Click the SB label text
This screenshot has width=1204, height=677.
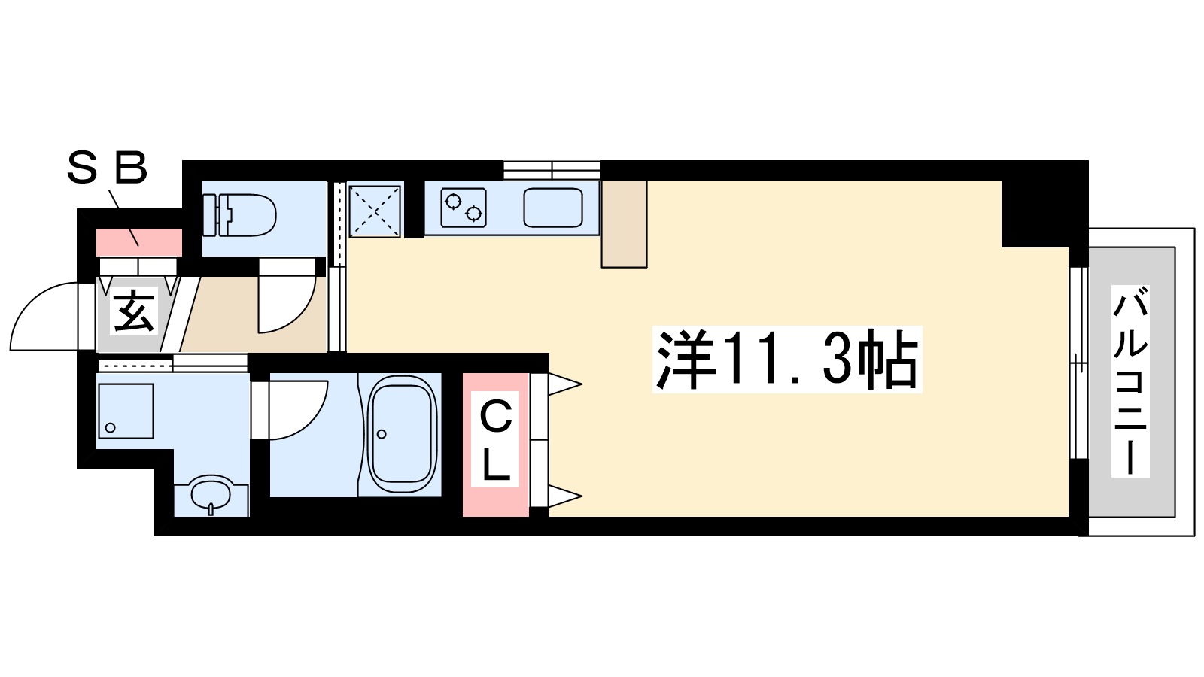click(x=107, y=168)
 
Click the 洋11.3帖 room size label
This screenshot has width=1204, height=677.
click(x=787, y=360)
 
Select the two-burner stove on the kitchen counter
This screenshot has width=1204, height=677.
click(x=463, y=208)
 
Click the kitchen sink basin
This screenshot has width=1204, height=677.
click(x=553, y=208)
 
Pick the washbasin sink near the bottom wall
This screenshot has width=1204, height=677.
click(x=211, y=494)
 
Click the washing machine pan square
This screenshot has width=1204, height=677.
click(x=126, y=411)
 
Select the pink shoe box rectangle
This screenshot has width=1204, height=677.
click(x=139, y=242)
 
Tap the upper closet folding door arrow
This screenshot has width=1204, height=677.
click(x=564, y=384)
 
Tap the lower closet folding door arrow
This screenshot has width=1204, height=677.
click(x=564, y=496)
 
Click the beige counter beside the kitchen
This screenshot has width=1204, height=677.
click(x=624, y=223)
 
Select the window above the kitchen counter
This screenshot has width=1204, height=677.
click(x=552, y=169)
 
